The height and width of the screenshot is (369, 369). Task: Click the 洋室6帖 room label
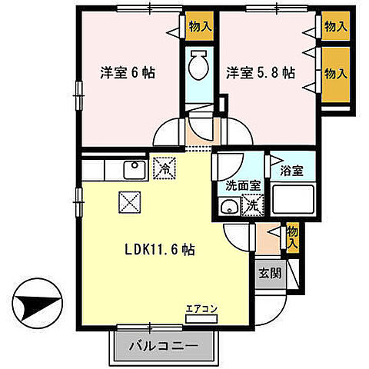pos(128,73)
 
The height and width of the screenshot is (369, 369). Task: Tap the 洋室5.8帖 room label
pos(259,73)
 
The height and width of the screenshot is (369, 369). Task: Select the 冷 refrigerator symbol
pos(163,166)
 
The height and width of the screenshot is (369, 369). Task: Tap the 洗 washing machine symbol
pos(252,204)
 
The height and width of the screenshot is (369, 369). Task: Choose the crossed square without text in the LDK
pos(128,202)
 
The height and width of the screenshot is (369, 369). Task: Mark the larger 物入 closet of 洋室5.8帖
pos(333,74)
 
